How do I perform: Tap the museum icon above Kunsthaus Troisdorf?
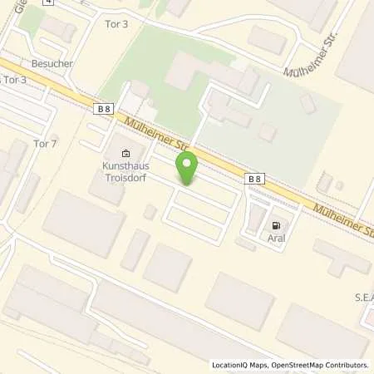[x=125, y=153]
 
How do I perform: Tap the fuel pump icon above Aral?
[x=275, y=225]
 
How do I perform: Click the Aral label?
[x=275, y=238]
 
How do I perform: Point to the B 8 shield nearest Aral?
[x=255, y=178]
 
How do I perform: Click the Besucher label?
[x=47, y=62]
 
